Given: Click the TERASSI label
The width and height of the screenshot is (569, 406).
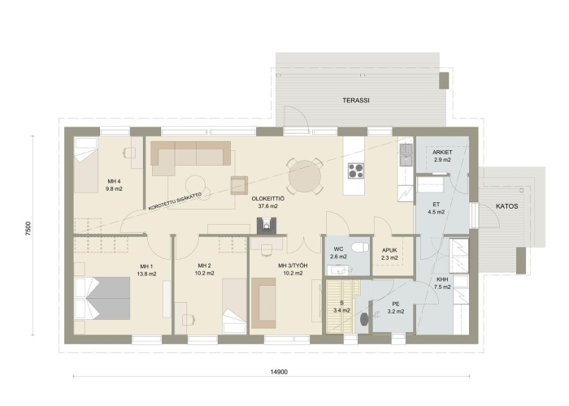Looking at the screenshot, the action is (356, 101).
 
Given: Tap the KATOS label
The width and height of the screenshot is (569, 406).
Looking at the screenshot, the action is (507, 206).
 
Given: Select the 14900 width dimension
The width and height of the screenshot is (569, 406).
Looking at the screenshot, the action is (279, 372).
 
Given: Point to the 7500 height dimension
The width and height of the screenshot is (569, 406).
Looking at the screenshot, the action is (28, 229).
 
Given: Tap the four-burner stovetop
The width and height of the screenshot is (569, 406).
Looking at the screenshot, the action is (356, 171).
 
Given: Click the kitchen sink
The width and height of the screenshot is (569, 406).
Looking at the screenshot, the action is (406, 154).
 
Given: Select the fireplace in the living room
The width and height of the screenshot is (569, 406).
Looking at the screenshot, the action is (267, 226).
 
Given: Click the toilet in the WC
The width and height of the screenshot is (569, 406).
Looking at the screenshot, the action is (360, 248).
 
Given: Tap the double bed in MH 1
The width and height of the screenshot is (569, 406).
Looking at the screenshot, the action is (102, 298).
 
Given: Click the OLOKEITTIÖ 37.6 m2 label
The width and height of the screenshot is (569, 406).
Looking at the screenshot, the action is (267, 202).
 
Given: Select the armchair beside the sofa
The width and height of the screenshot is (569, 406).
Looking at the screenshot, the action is (239, 185).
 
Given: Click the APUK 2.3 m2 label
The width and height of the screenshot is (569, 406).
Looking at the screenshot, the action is (389, 253).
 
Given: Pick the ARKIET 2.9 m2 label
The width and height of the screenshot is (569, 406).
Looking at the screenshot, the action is (442, 156).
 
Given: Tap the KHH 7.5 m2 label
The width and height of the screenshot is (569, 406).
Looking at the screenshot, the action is (442, 283).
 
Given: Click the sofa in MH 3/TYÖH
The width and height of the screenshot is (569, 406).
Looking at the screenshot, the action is (263, 303).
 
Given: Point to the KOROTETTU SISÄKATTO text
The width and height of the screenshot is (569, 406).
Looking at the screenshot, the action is (175, 201).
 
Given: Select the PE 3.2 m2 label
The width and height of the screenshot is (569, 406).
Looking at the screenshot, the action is (396, 308).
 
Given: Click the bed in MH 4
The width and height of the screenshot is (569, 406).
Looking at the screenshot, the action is (86, 165).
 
